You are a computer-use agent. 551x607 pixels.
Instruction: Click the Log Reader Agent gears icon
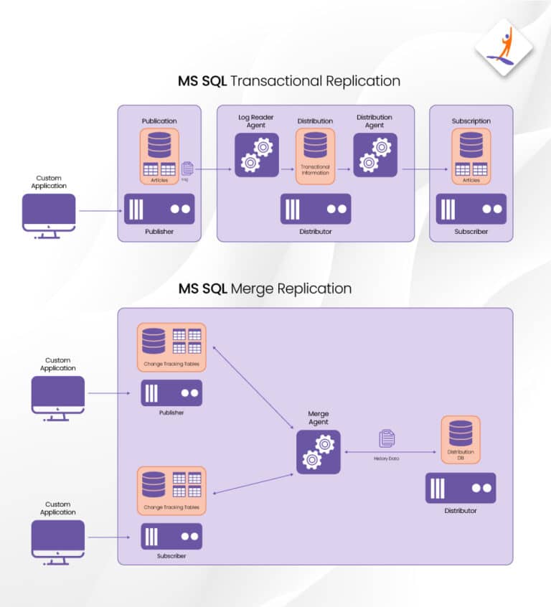[256, 155]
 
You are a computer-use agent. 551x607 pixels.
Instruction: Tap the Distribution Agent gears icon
[375, 155]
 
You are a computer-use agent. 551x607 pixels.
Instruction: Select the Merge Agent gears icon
[318, 452]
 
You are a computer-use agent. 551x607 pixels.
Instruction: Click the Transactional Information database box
[315, 156]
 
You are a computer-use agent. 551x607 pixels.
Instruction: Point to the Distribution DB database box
[461, 439]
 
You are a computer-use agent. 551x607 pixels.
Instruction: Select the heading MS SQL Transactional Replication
[289, 81]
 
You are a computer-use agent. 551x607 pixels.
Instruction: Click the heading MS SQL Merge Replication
[265, 289]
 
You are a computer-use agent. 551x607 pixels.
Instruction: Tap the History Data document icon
[387, 438]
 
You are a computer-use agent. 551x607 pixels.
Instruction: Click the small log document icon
[188, 168]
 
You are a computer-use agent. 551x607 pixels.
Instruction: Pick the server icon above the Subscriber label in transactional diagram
[471, 210]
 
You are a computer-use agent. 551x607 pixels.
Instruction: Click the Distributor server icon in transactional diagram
[315, 210]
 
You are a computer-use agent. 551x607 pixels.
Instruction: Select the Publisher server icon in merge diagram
[171, 393]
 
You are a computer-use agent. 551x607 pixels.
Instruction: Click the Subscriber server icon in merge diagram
[171, 537]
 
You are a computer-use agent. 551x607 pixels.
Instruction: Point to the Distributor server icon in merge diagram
[461, 488]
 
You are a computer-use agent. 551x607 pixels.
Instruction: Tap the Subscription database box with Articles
[471, 156]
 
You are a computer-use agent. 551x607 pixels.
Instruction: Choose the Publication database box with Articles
[159, 156]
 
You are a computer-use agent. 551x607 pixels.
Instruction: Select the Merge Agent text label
[318, 418]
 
